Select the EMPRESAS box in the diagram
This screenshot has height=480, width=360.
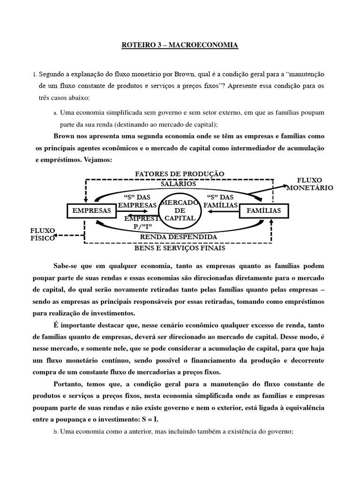pyautogui.click(x=92, y=211)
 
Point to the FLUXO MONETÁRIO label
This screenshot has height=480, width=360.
pyautogui.click(x=310, y=184)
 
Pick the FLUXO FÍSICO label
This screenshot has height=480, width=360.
pyautogui.click(x=43, y=234)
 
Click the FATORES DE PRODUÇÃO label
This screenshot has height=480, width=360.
pyautogui.click(x=180, y=174)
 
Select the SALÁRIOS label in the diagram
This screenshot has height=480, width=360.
pyautogui.click(x=178, y=184)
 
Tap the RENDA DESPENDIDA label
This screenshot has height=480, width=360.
pyautogui.click(x=179, y=237)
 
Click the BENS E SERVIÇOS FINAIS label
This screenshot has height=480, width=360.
pyautogui.click(x=178, y=247)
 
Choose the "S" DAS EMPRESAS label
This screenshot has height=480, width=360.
pyautogui.click(x=137, y=201)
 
